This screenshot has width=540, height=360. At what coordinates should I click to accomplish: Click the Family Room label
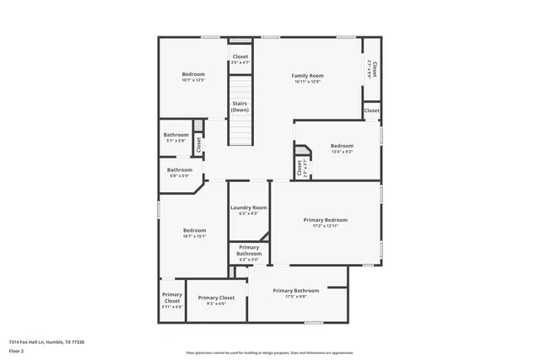(x=307, y=75)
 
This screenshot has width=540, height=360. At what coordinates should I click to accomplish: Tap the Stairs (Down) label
(x=240, y=106)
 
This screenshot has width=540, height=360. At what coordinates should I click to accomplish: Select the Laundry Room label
(x=248, y=207)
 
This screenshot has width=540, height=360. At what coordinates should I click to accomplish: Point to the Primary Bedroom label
(x=325, y=219)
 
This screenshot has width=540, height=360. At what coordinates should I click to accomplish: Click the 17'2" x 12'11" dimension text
(x=325, y=226)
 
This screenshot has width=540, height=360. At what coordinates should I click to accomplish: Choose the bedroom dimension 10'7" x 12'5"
(x=193, y=81)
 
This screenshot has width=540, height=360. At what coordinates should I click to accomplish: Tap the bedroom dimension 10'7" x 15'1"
(x=194, y=237)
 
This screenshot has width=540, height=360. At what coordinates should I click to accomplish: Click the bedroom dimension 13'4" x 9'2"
(x=342, y=152)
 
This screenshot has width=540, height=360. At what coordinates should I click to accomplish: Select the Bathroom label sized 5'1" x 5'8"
(x=176, y=135)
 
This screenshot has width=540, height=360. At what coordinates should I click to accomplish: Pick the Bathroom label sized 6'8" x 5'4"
(x=179, y=169)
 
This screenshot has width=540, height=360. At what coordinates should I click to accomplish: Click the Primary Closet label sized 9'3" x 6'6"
(x=216, y=298)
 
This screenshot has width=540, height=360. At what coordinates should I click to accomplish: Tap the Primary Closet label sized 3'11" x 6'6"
(x=172, y=298)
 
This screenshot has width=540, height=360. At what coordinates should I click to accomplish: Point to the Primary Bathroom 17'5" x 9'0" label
(x=295, y=291)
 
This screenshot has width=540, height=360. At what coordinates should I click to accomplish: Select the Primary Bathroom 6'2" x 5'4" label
(x=249, y=250)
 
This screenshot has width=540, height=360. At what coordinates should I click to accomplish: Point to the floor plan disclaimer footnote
(x=269, y=352)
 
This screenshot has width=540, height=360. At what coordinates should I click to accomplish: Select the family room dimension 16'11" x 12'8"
(x=307, y=82)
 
